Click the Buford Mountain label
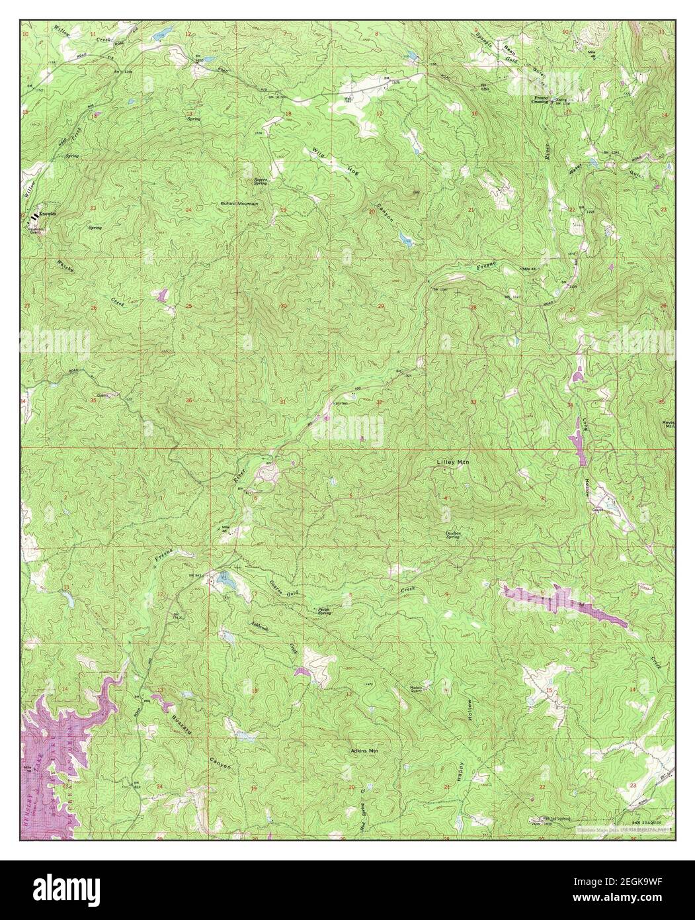click(x=239, y=204)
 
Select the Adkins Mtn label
click(x=368, y=751)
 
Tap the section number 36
click(x=189, y=400)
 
